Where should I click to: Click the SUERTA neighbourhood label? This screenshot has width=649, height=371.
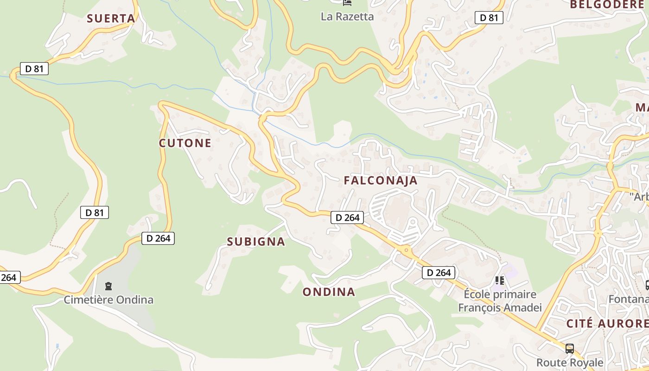pos(111,19)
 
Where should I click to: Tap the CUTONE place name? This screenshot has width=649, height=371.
pos(185,143)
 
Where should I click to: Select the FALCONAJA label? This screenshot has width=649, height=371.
pos(381,181)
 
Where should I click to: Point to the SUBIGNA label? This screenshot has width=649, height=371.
pos(256,242)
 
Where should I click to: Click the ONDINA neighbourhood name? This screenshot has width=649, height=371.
pos(329,292)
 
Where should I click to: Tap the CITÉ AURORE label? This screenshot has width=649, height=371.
pos(607,323)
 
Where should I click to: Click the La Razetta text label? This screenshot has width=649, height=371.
pos(347,17)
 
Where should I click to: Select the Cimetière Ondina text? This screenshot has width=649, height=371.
pos(108,300)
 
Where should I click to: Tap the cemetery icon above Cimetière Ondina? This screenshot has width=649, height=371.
pos(108,286)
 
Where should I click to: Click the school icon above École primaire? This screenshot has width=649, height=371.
pos(499,280)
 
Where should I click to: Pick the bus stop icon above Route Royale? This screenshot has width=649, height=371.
pos(569,348)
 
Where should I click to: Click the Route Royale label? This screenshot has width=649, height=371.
pos(570,362)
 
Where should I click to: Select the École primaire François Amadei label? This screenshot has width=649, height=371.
pos(500,301)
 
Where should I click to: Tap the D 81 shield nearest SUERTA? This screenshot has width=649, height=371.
pos(34,69)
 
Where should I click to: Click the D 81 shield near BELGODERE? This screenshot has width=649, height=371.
pos(489,18)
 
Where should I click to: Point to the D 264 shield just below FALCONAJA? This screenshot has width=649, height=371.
pos(347,217)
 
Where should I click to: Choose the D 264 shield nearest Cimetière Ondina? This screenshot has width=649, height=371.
pos(158,238)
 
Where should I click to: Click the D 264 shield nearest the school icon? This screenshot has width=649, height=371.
pos(439,273)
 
